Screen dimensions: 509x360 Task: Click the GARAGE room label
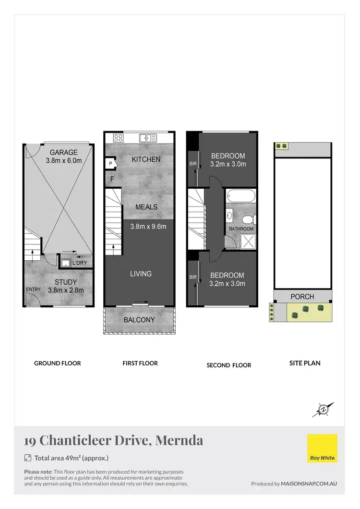click(60, 153)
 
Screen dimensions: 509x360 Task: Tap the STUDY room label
click(62, 282)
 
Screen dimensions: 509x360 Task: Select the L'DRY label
click(80, 263)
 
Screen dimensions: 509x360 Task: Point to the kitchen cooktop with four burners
click(118, 138)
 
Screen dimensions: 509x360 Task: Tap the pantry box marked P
click(111, 164)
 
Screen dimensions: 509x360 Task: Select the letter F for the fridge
click(112, 179)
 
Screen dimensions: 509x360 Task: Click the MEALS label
click(146, 207)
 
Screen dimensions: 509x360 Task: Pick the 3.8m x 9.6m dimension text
click(148, 226)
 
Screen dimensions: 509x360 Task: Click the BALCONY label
click(139, 320)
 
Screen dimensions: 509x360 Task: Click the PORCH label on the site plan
click(302, 297)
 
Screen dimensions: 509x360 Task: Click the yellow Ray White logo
click(322, 448)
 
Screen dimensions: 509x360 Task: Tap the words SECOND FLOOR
click(229, 365)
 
